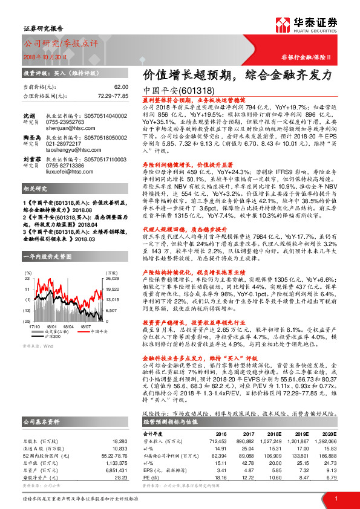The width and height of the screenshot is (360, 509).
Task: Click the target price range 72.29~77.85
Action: click(113, 96)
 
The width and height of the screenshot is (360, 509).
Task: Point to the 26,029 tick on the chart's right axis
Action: click(112, 279)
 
